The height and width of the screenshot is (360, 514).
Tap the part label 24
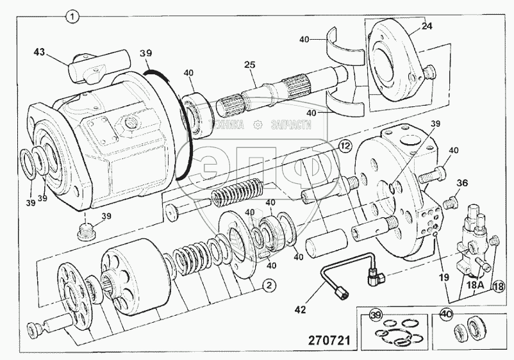[427, 27]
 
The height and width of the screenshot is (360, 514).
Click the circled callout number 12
[344, 147]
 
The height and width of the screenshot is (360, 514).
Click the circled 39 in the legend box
[376, 315]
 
